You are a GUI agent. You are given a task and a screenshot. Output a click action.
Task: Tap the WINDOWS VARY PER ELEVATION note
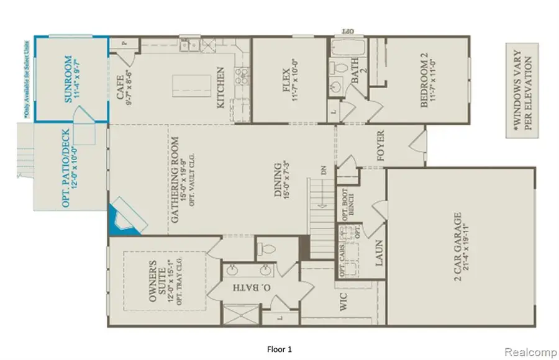[x=520, y=92]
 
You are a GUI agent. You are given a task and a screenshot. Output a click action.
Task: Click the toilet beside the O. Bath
[x=266, y=250]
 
